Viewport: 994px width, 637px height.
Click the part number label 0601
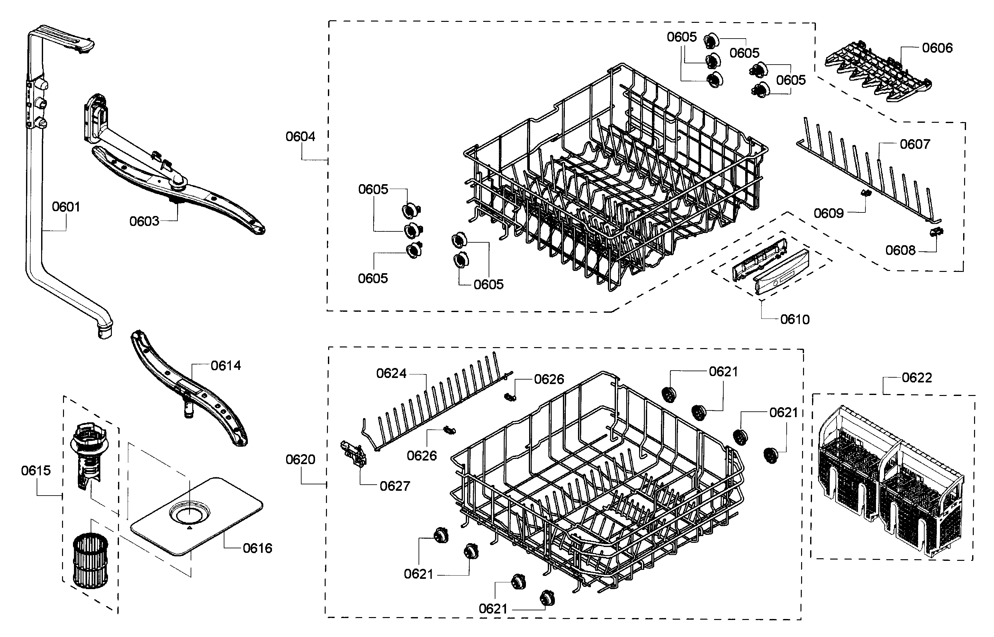click(x=66, y=207)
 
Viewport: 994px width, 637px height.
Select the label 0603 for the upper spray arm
click(x=144, y=221)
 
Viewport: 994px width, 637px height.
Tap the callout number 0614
click(x=225, y=366)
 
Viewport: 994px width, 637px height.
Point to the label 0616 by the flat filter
click(x=257, y=549)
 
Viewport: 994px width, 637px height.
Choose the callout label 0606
click(x=937, y=48)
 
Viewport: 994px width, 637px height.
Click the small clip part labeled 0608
click(x=936, y=233)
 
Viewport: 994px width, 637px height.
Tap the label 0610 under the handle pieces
click(x=795, y=319)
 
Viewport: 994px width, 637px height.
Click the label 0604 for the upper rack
click(x=300, y=137)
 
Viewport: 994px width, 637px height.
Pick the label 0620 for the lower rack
click(x=300, y=460)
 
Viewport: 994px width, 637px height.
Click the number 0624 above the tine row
click(x=391, y=373)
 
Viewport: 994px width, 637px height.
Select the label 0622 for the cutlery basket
click(x=917, y=378)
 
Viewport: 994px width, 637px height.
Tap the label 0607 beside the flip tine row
click(x=915, y=144)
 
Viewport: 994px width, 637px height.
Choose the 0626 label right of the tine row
click(x=548, y=379)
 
